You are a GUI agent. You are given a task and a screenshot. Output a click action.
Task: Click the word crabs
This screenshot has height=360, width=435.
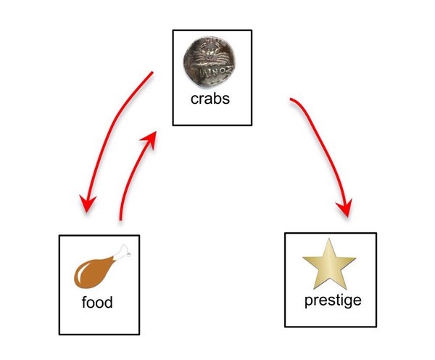210,99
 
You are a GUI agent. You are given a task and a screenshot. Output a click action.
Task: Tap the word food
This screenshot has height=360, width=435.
96,302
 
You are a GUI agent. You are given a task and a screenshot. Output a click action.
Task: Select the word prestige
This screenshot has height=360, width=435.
332,300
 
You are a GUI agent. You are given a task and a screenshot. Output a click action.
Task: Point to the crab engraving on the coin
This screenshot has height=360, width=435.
210,54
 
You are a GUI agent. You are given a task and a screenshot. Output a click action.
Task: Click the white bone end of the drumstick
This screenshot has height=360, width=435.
125,251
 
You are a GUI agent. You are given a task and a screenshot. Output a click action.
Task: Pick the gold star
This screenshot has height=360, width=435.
329,265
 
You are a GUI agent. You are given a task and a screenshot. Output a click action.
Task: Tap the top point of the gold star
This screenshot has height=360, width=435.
329,240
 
